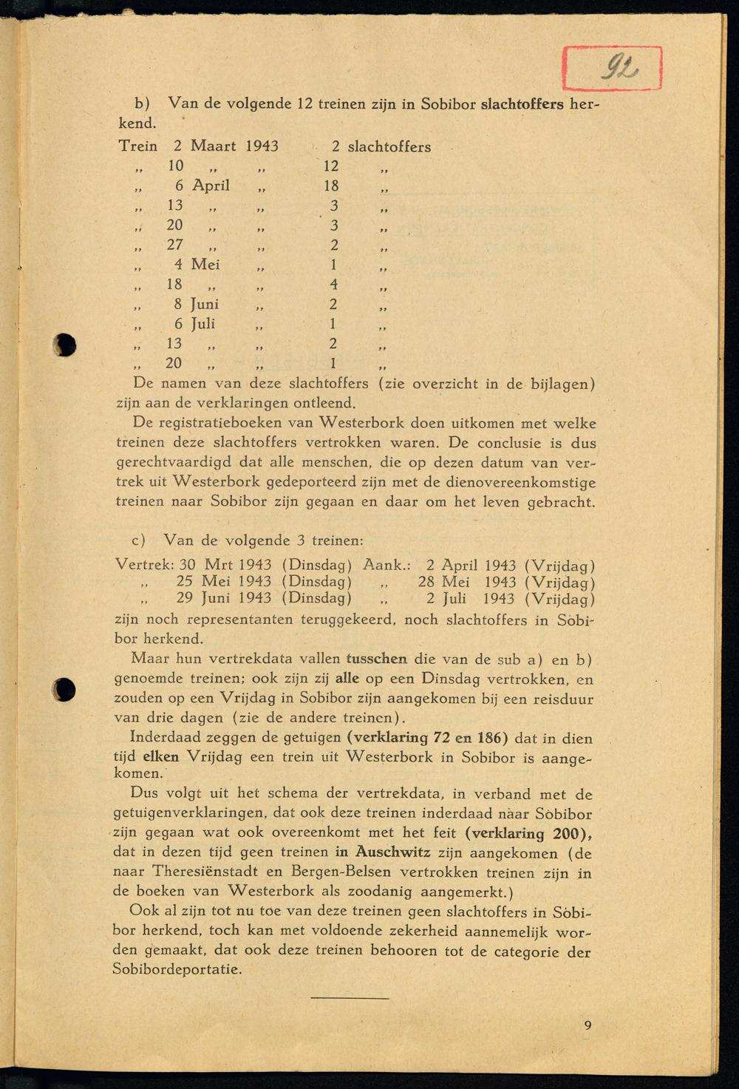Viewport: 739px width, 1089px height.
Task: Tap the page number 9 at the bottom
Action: click(x=588, y=1025)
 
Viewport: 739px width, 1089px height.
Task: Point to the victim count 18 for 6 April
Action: click(x=331, y=186)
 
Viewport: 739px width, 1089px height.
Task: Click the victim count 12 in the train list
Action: click(x=330, y=166)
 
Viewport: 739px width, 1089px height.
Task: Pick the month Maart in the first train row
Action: click(x=214, y=146)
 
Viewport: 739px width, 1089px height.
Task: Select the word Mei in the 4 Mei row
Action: click(x=205, y=264)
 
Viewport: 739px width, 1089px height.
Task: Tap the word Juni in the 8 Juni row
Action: click(x=205, y=304)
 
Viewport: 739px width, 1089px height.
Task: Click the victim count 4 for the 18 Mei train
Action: click(x=333, y=284)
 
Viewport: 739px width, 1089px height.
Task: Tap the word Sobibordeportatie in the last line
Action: click(x=177, y=969)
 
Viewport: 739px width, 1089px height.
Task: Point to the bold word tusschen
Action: click(x=376, y=659)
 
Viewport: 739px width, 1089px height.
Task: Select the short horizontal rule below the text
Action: click(x=350, y=999)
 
